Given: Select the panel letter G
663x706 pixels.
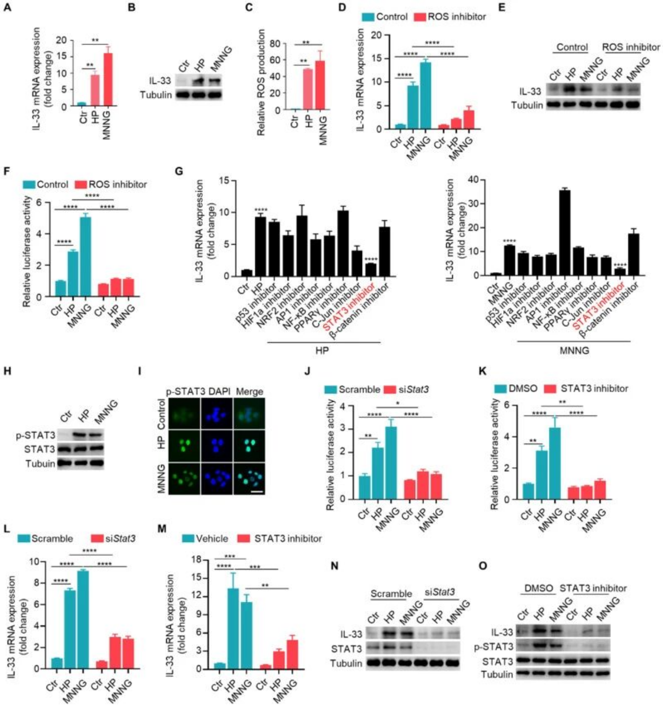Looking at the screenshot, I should click(178, 171).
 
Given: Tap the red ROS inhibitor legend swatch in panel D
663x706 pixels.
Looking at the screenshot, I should click(420, 17).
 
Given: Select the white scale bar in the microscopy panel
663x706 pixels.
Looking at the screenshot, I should click(256, 491).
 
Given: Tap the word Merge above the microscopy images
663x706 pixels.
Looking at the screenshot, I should click(249, 391).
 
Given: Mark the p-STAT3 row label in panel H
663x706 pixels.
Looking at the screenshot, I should click(35, 435).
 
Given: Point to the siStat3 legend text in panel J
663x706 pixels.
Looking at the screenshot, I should click(413, 389).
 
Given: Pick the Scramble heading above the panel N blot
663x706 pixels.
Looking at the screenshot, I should click(391, 594).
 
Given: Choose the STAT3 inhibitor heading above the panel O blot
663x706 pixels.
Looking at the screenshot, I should click(593, 588).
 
